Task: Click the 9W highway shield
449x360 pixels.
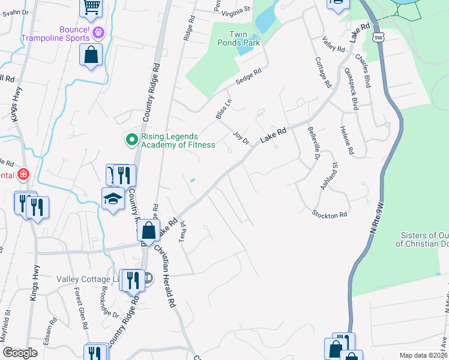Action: [378, 37]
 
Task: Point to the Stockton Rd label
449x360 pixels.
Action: [330, 214]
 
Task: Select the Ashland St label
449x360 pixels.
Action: [331, 177]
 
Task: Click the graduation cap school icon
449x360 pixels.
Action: [112, 199]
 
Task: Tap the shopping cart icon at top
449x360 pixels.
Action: [91, 7]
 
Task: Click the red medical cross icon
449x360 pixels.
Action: [23, 175]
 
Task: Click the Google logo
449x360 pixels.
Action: [20, 353]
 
